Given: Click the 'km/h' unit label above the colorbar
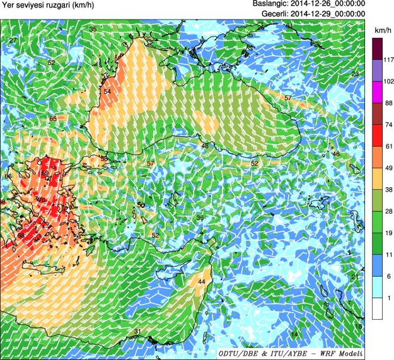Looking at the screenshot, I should (380, 30).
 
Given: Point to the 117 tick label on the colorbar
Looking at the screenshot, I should (380, 60).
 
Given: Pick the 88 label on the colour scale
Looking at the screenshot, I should (380, 103).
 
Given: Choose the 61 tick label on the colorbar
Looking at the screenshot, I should (380, 146).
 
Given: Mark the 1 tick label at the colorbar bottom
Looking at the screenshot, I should (380, 298).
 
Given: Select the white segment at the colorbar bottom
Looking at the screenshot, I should (377, 308).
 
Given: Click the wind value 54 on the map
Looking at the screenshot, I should (107, 92).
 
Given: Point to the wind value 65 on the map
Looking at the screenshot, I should (53, 119).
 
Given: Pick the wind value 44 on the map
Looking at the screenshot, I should (202, 281).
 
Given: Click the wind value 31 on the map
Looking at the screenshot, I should (137, 331).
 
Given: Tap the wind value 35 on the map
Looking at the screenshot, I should (93, 30).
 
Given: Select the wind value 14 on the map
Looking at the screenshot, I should (294, 334).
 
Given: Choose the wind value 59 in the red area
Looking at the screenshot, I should (45, 173).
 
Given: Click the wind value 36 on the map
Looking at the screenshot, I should (200, 218).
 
